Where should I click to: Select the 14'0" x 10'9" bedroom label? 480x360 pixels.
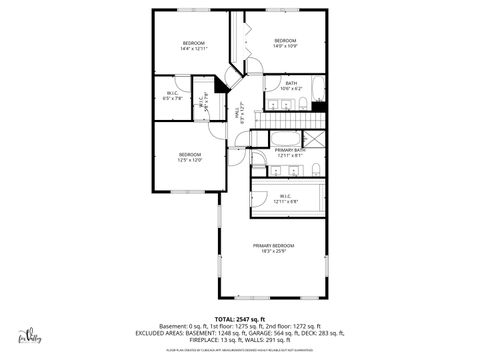coord(286,43)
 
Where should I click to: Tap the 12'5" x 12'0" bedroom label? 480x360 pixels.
coord(190,157)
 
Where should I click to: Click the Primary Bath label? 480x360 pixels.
coord(290,152)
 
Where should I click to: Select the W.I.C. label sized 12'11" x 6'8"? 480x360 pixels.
coord(286,198)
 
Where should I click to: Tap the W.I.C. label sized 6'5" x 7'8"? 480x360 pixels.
coord(171,97)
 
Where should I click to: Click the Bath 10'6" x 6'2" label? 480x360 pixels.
coord(290,85)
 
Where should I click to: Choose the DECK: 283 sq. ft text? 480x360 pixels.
coord(322,333)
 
